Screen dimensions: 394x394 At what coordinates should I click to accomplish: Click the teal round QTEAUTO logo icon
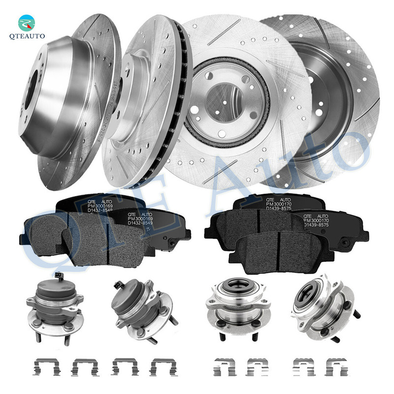coord(27,23)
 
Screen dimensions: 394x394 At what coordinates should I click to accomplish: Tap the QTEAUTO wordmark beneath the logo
coord(27,35)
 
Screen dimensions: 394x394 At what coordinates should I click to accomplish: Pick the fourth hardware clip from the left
coord(163,367)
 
